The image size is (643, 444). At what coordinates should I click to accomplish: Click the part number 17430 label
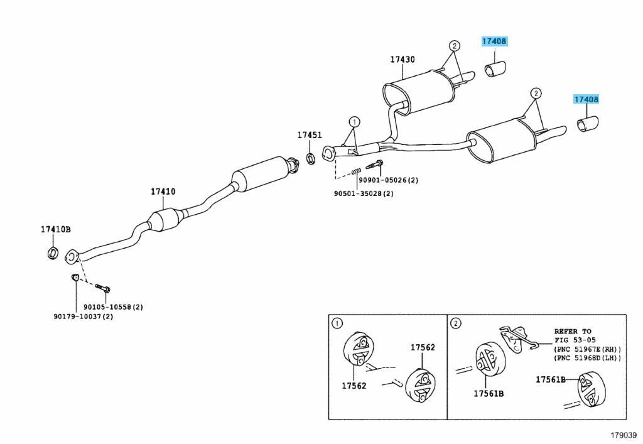402,60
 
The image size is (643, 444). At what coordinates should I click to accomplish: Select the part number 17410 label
163,192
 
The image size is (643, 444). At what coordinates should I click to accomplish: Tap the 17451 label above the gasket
310,135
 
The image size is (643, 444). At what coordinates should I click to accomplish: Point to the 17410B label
57,230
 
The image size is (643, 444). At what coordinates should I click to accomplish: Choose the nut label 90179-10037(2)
83,317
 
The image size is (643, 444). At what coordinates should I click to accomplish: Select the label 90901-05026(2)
388,181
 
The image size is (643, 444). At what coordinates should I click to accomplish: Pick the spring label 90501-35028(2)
364,193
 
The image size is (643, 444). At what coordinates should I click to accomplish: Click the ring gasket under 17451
311,156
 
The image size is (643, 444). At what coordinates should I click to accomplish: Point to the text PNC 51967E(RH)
588,349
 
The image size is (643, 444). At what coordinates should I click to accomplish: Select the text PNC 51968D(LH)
588,358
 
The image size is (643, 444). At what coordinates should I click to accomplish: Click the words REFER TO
573,331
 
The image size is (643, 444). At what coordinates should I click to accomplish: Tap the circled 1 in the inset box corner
337,323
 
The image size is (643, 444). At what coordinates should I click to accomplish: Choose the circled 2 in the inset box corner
456,323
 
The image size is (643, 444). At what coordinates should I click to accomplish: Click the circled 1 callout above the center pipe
354,121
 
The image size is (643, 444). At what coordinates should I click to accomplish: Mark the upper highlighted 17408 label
494,41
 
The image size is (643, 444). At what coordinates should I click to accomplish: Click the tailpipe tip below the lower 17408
588,125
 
